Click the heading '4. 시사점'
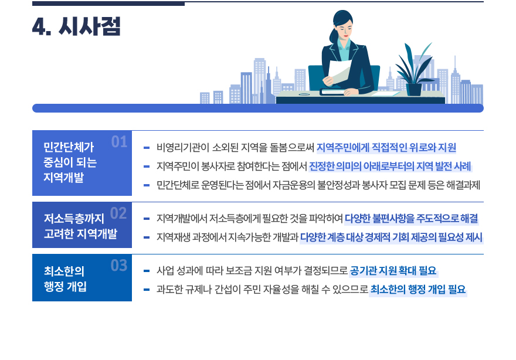(76, 27)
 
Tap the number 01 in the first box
(119, 142)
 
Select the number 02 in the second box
(118, 213)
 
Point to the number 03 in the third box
(119, 266)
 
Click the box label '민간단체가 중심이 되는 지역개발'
(70, 162)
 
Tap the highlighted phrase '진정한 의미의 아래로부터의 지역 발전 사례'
(390, 166)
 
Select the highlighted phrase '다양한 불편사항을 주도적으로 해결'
(411, 219)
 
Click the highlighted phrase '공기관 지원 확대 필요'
(393, 271)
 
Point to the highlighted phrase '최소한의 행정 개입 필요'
(418, 289)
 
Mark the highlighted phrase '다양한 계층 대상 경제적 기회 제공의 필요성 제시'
(391, 237)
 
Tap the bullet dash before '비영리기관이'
(147, 148)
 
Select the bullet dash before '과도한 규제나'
(147, 290)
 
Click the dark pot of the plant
(414, 89)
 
